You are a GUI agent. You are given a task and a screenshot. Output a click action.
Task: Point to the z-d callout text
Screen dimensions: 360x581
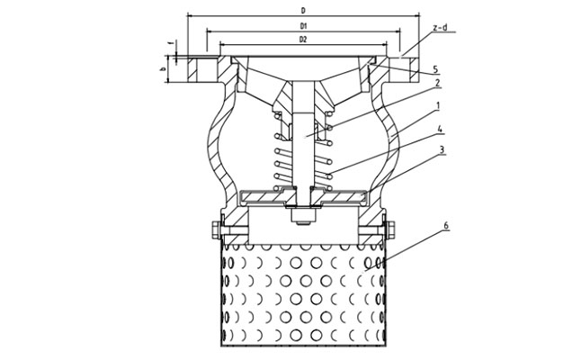pos(441,28)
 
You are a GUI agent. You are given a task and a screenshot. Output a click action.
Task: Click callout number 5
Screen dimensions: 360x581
pos(434,68)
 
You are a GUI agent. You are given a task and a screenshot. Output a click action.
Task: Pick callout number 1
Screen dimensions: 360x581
pos(436,105)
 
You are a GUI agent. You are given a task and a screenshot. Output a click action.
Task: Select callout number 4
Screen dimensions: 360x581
pos(436,129)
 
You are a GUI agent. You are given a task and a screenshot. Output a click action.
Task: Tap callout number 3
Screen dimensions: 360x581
pos(436,150)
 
